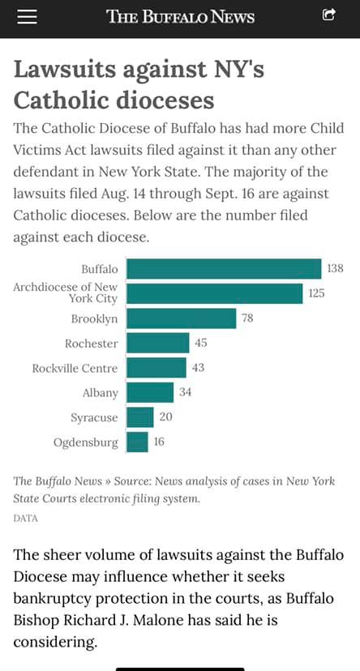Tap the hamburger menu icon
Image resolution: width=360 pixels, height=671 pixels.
(28, 16)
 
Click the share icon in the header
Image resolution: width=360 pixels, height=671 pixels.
(328, 15)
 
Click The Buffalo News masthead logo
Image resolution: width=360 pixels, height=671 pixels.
(180, 16)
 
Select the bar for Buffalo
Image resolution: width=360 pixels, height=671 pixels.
(224, 269)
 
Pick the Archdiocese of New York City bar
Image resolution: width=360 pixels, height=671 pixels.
(214, 293)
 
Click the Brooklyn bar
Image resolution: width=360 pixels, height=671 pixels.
(181, 318)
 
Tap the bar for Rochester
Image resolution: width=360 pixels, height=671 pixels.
(157, 343)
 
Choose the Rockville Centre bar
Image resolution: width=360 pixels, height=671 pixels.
(156, 368)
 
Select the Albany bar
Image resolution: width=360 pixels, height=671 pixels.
(150, 392)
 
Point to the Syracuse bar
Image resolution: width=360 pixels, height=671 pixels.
(139, 417)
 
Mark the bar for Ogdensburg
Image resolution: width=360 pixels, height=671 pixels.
(137, 442)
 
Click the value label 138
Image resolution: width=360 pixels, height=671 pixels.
(335, 268)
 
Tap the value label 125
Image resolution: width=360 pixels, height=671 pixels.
(316, 293)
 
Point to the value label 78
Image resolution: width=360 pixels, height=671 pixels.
(247, 318)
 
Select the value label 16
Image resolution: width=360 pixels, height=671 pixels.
(159, 442)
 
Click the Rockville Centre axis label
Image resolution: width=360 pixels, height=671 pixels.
(75, 368)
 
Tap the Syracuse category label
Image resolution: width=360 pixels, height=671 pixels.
(94, 417)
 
